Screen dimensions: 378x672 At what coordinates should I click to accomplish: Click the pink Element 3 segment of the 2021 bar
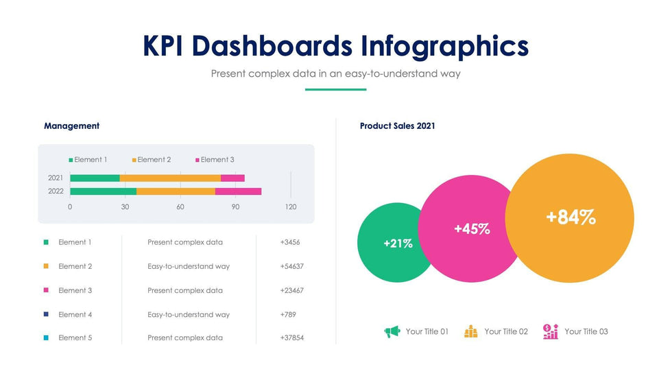click(232, 178)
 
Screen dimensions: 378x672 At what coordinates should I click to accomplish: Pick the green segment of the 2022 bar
click(103, 191)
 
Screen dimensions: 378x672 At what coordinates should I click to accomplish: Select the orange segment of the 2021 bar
click(170, 178)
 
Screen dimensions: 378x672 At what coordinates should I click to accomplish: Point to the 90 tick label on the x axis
click(235, 206)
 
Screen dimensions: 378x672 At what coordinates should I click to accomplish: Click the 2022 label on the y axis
click(56, 191)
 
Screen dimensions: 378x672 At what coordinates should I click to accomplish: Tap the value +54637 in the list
click(292, 266)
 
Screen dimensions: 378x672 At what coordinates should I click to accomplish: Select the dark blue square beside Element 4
click(46, 314)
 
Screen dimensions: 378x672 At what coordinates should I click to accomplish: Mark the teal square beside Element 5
click(46, 338)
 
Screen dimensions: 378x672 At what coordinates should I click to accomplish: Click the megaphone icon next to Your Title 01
click(392, 332)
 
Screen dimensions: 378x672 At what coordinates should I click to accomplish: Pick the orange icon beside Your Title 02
click(471, 332)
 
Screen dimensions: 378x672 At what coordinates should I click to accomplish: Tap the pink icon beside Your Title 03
click(551, 331)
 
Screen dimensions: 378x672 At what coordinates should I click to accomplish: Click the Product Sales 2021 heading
click(398, 126)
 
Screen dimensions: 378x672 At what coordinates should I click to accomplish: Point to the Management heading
click(71, 126)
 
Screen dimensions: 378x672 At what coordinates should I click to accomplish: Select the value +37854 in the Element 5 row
click(292, 338)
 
